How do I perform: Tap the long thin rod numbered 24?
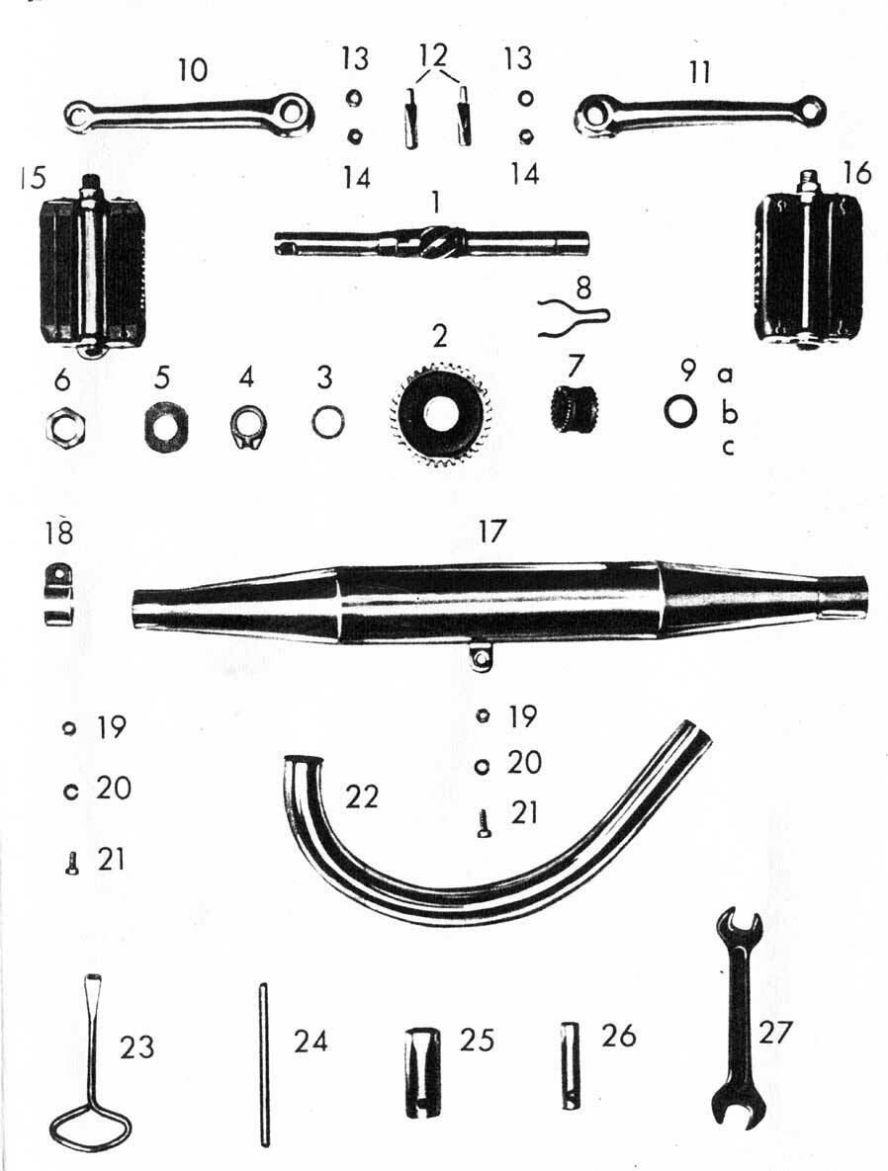[x=263, y=1065]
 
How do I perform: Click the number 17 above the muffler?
[x=490, y=532]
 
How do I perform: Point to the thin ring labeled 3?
[x=328, y=424]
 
